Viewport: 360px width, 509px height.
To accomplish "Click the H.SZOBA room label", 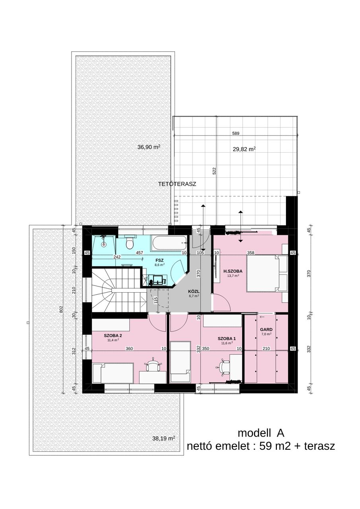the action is [x=233, y=271].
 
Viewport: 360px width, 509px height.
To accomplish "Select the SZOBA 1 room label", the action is [x=227, y=338].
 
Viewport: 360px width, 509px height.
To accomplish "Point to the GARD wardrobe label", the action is [x=266, y=330].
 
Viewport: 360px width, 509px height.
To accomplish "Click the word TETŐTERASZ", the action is [x=177, y=184].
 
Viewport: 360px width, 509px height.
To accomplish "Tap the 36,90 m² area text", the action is [x=149, y=147].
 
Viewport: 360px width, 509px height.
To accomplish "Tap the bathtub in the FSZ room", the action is [x=169, y=243].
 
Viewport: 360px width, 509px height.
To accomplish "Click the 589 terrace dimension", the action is [x=235, y=133].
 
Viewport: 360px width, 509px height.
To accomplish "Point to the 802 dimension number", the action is [x=61, y=309].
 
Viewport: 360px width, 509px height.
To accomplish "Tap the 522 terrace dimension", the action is [x=214, y=171].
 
